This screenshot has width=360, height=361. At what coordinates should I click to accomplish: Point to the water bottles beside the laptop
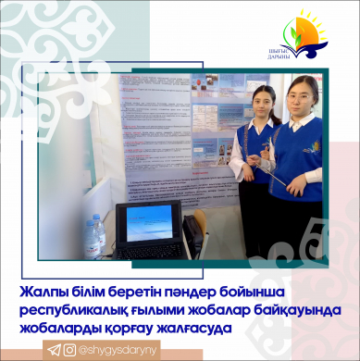pyautogui.click(x=93, y=237)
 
